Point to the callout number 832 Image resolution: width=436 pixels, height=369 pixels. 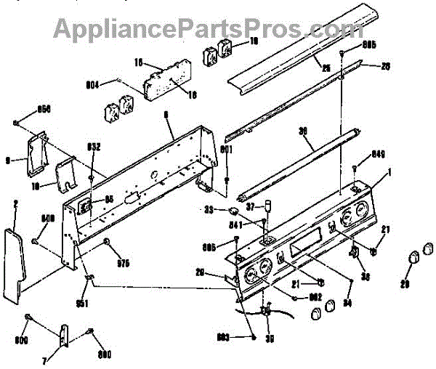(x=94, y=147)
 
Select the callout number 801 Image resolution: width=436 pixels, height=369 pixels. (x=226, y=150)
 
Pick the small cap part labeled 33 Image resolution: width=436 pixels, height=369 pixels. (x=234, y=210)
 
